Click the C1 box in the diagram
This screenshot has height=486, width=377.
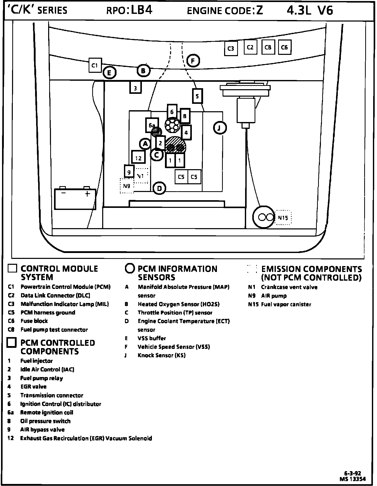(x=95, y=65)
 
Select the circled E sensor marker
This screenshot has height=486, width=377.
(x=109, y=73)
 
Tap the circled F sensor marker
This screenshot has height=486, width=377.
(x=193, y=61)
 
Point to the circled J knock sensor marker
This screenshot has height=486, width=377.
(x=219, y=128)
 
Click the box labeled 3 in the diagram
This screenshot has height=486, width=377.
(x=135, y=87)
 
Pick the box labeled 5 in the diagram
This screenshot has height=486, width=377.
(x=197, y=96)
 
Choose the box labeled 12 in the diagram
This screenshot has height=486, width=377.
(x=138, y=157)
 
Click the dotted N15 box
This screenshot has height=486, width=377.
(x=283, y=218)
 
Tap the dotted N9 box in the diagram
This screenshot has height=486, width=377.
(x=127, y=186)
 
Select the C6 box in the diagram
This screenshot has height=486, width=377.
(x=285, y=47)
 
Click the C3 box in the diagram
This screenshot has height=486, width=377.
(x=231, y=48)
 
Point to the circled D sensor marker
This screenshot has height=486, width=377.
(x=159, y=189)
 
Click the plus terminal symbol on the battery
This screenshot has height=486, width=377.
(x=87, y=194)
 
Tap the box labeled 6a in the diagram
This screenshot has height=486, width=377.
(x=152, y=125)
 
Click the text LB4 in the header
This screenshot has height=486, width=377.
(x=142, y=10)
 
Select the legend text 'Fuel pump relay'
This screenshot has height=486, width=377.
(x=41, y=378)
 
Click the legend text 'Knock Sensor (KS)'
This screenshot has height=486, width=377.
(x=162, y=355)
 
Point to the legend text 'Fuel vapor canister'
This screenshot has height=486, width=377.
(x=286, y=305)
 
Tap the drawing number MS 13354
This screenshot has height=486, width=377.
(x=353, y=479)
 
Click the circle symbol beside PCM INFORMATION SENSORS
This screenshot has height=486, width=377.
(x=130, y=268)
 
